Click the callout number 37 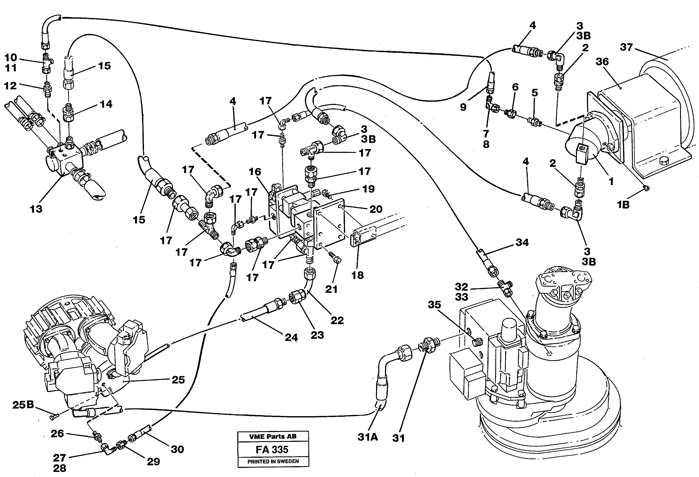pos(626,47)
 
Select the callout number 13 pos(36,209)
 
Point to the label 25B pos(23,405)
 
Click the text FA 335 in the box pos(272,449)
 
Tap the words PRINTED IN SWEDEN pos(273,461)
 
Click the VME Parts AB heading pos(273,436)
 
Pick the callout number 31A pos(368,437)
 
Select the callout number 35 pos(434,305)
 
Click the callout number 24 pos(291,338)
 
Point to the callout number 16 pos(255,172)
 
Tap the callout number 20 pos(376,209)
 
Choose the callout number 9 pos(463,107)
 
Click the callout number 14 pos(106,104)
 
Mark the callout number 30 pos(177,449)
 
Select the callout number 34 pos(522,242)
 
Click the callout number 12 pos(10,86)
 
